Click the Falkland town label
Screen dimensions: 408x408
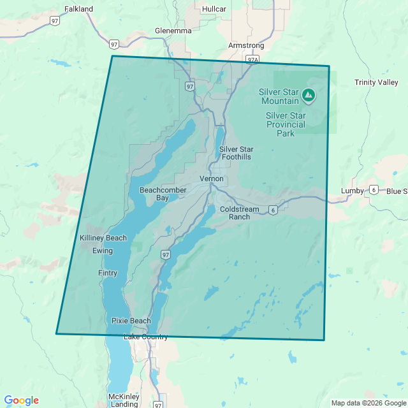(x=79, y=9)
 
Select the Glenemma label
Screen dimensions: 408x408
(x=173, y=30)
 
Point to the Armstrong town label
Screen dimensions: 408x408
(x=245, y=46)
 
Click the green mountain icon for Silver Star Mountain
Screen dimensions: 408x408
(x=309, y=96)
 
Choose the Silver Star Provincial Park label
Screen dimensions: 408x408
(x=285, y=124)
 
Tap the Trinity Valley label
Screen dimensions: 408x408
(x=376, y=82)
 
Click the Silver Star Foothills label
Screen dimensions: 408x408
(x=235, y=153)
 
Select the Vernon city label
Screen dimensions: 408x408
(x=212, y=178)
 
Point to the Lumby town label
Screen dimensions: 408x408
(x=352, y=191)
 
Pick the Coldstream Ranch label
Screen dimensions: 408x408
(x=235, y=213)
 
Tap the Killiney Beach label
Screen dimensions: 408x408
(x=103, y=238)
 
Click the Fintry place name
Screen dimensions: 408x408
(x=108, y=273)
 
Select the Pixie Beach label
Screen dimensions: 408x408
(x=131, y=321)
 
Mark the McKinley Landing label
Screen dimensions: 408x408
(x=124, y=400)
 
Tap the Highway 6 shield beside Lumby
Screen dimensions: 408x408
(x=373, y=190)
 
